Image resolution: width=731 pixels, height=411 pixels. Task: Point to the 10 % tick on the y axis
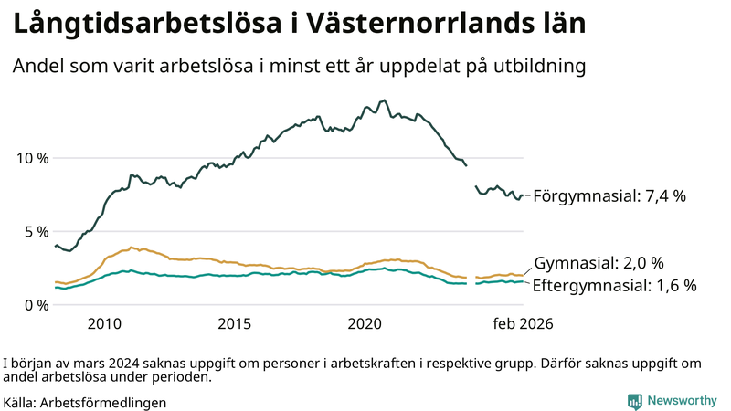[x=32, y=158]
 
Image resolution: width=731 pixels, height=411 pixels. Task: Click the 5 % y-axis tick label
[x=36, y=231]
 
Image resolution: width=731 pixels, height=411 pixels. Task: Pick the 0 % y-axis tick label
[x=36, y=305]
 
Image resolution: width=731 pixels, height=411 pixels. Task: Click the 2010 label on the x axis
[x=104, y=324]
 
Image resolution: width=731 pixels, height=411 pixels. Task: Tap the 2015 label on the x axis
[x=235, y=324]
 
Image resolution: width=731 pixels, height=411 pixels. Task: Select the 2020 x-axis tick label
[x=365, y=324]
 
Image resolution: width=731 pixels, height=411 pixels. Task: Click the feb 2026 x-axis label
[x=523, y=324]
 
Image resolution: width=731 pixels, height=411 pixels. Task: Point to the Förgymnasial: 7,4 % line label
[x=609, y=195]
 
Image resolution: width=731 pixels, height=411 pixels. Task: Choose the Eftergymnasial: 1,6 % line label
[x=614, y=285]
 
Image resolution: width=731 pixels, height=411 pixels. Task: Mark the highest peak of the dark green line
[x=384, y=100]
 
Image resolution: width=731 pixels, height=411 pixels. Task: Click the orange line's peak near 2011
[x=132, y=247]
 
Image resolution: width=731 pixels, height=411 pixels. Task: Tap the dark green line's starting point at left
[x=56, y=245]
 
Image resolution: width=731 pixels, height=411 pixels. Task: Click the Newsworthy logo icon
[x=634, y=401]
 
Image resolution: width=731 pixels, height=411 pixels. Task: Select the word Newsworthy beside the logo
[x=681, y=401]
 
